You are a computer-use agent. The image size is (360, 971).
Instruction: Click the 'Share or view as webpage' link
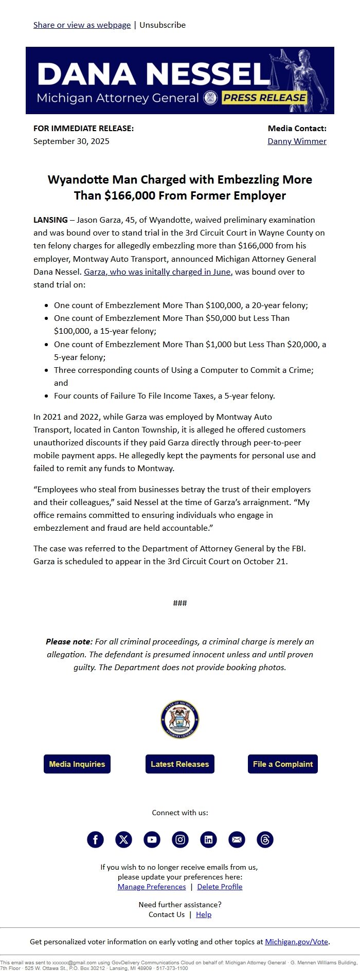[82, 25]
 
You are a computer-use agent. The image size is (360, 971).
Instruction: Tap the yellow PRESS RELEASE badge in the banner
[264, 98]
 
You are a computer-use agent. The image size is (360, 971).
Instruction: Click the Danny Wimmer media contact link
[297, 141]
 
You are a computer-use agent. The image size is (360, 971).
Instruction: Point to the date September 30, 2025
[71, 141]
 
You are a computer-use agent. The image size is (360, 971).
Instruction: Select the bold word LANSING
[50, 220]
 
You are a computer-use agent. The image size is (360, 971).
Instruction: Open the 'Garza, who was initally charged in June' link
[158, 272]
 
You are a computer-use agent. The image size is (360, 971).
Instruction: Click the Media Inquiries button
[77, 764]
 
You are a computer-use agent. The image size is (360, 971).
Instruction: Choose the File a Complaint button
[283, 764]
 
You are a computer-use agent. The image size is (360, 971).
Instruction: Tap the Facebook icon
[95, 839]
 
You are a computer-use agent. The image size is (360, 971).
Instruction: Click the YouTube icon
[152, 839]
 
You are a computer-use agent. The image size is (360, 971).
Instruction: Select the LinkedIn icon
[208, 839]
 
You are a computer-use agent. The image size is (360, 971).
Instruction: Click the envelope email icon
[237, 839]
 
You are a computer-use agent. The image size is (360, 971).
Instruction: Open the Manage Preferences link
[152, 887]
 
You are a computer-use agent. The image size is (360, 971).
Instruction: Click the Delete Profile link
[220, 887]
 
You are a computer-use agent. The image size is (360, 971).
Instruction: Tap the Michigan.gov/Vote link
[297, 942]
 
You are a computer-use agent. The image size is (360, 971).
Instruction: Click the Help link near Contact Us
[204, 914]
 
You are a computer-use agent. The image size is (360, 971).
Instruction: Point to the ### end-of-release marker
[180, 603]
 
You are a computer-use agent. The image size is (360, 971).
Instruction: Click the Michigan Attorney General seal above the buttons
[179, 719]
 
